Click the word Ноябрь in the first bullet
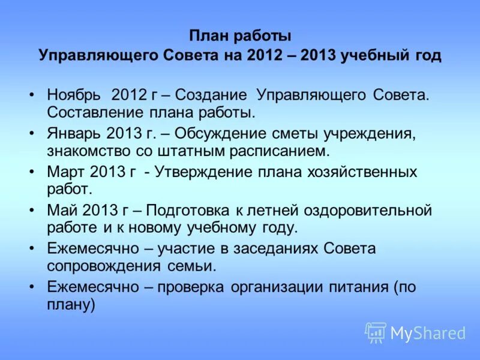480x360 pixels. pos(73,95)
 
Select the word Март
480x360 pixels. pos(65,172)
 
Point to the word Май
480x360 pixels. pos(61,210)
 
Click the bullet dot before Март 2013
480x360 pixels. pos(31,172)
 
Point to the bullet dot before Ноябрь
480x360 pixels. pos(31,95)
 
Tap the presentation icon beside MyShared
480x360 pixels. pos(376,332)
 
